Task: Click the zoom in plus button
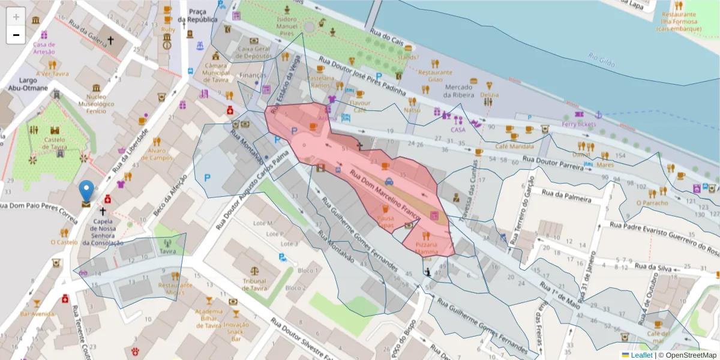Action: point(16,17)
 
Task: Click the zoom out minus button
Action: point(16,35)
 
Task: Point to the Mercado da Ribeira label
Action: point(463,91)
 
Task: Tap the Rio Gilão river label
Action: point(602,59)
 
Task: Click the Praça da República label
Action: point(202,15)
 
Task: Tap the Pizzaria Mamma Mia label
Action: point(426,249)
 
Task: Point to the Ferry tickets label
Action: point(579,124)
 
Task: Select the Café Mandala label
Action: point(514,146)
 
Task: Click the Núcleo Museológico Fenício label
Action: point(92,104)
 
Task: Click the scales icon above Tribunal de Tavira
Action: point(255,271)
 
